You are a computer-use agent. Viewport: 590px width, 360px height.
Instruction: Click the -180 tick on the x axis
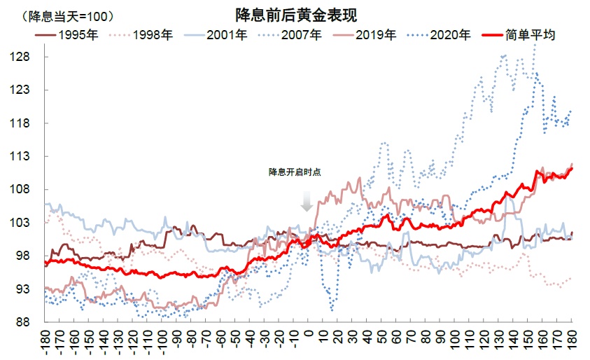click(x=44, y=342)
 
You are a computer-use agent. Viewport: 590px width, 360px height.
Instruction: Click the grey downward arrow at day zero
click(x=307, y=202)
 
